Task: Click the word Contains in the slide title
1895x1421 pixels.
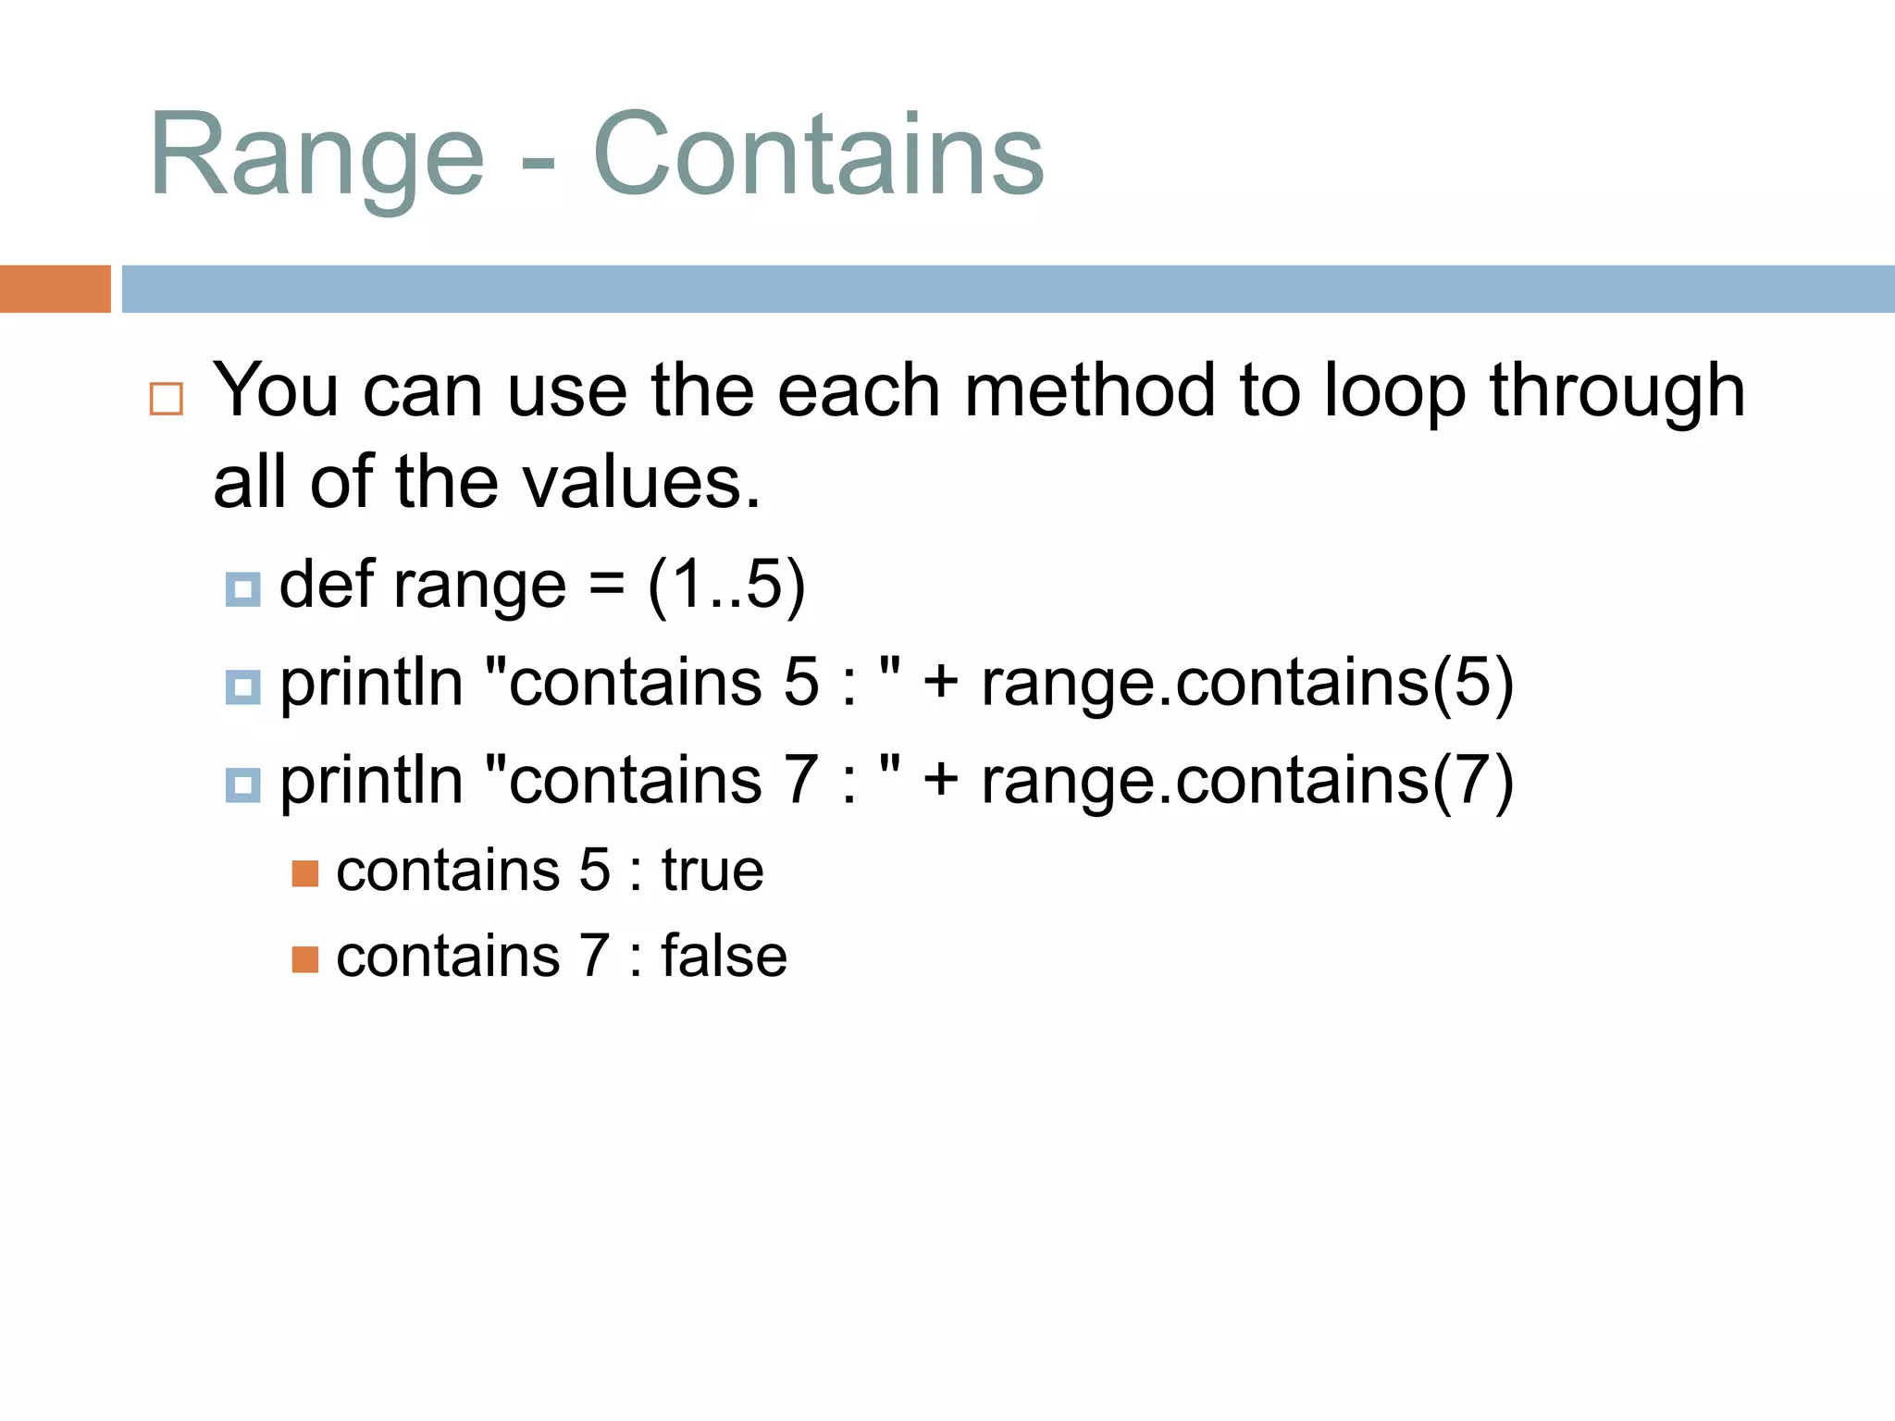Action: pos(818,155)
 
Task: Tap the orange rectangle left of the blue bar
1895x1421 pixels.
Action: pos(55,289)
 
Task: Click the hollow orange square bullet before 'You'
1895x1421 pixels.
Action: pos(167,399)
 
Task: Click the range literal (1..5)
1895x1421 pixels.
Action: pos(726,585)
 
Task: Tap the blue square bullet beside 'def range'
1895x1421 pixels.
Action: pos(243,589)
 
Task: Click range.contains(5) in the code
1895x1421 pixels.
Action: pos(1246,683)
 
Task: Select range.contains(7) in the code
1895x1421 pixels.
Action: pos(1246,781)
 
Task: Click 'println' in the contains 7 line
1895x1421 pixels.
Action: pos(371,781)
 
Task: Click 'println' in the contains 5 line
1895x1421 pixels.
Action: pos(371,683)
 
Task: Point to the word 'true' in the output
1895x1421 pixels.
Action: pos(712,871)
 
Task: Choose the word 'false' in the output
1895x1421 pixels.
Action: pos(724,956)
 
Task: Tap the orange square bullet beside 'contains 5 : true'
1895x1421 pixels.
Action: pos(305,873)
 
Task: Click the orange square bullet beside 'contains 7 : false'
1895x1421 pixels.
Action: pos(305,959)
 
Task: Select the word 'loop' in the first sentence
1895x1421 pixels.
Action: pos(1394,390)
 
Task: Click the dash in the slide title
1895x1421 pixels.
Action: pos(538,167)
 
